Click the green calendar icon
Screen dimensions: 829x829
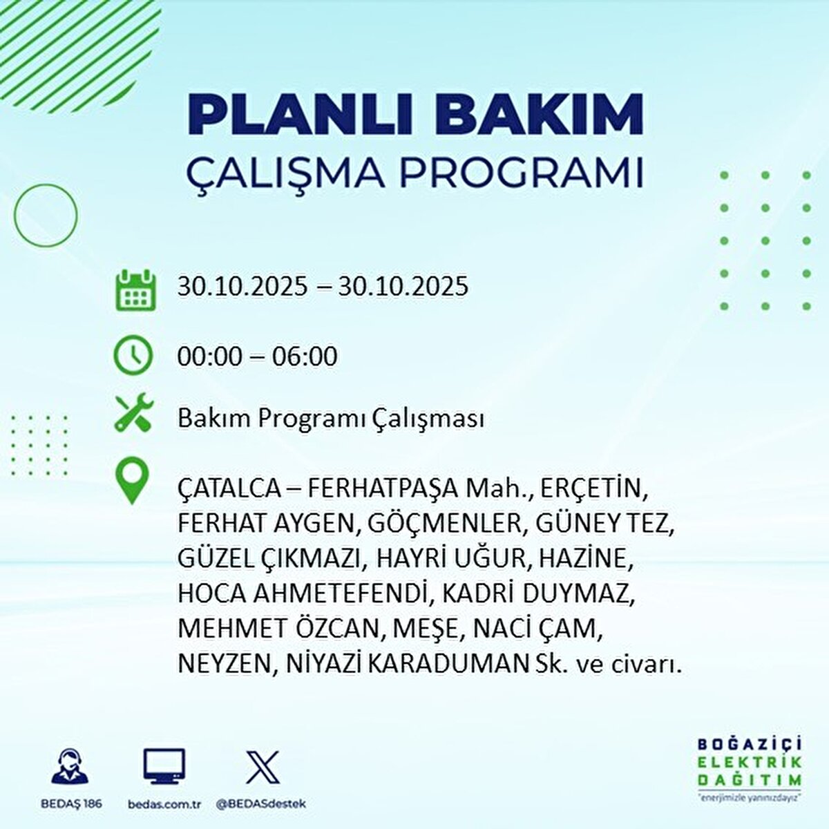pyautogui.click(x=133, y=290)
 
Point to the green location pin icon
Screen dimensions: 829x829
pyautogui.click(x=133, y=482)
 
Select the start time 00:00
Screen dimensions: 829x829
pyautogui.click(x=210, y=356)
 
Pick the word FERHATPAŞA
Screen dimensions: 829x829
pyautogui.click(x=382, y=490)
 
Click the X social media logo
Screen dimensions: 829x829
pyautogui.click(x=263, y=768)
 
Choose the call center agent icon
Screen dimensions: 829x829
pyautogui.click(x=70, y=768)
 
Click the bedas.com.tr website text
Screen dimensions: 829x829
pyautogui.click(x=164, y=804)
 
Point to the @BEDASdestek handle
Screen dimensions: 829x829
pyautogui.click(x=261, y=804)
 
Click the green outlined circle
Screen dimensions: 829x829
pyautogui.click(x=46, y=214)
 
